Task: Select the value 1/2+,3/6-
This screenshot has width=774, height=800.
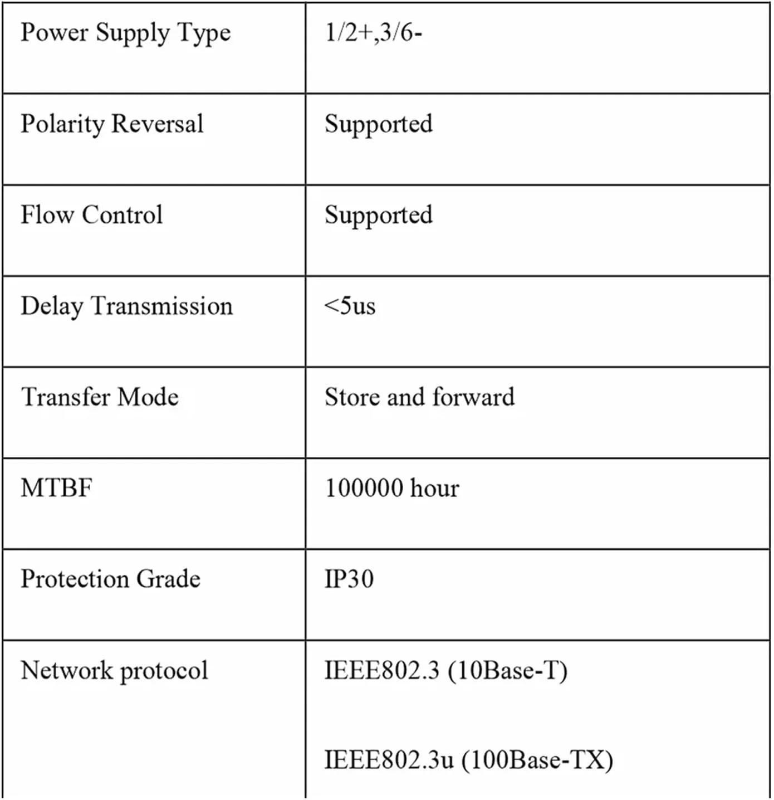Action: [x=373, y=33]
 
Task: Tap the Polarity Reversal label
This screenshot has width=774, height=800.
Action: [x=112, y=124]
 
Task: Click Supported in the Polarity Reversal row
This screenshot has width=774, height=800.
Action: [x=378, y=124]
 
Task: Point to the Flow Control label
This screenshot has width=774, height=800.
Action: [x=92, y=215]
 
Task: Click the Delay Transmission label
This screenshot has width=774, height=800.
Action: [x=126, y=306]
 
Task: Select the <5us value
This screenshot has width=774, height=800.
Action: [x=350, y=306]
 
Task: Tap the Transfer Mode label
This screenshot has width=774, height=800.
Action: [x=100, y=397]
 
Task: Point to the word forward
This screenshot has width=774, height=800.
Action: [x=473, y=397]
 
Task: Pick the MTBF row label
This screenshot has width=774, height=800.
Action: [x=56, y=488]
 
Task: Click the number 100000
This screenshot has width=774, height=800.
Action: [x=364, y=489]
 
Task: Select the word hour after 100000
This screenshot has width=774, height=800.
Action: [x=434, y=489]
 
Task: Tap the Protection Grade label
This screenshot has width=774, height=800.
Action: [x=110, y=579]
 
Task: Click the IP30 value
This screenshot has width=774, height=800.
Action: [x=349, y=579]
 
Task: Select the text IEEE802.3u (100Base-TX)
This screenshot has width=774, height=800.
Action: [x=468, y=760]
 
